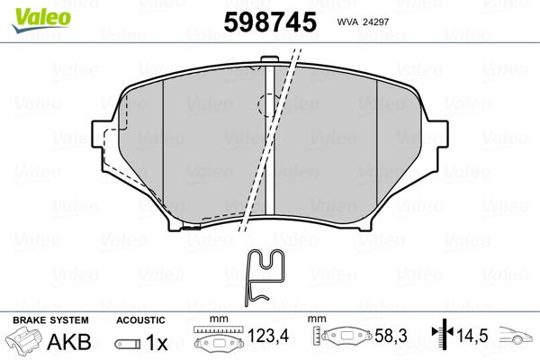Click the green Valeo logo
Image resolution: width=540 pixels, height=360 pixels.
(x=41, y=20)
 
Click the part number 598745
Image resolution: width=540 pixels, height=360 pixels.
(x=270, y=22)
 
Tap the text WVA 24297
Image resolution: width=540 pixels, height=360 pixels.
(x=363, y=22)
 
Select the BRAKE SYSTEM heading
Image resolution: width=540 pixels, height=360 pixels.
(x=50, y=320)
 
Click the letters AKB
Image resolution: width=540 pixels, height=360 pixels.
(x=69, y=342)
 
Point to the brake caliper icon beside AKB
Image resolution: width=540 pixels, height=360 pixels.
(x=22, y=339)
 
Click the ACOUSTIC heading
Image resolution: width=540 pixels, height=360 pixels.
(x=140, y=320)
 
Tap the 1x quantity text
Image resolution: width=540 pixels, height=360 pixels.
(x=157, y=342)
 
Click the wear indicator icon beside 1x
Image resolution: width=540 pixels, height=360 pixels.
(x=128, y=344)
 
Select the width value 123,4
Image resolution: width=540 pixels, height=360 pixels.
(x=268, y=336)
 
